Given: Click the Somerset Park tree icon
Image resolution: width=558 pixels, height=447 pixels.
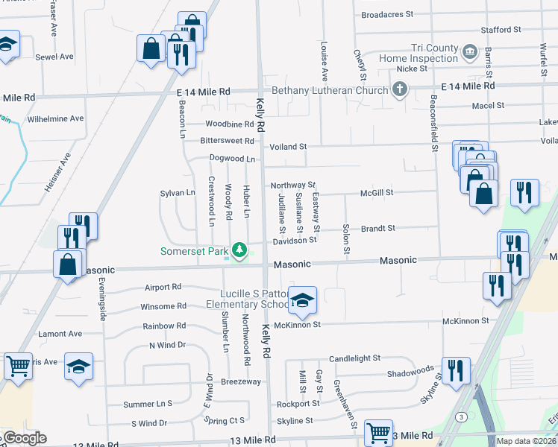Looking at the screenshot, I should coord(239,250).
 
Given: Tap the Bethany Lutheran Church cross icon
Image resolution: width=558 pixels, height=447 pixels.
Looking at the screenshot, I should coord(400,90).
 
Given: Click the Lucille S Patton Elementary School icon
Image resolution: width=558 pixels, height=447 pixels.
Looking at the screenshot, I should coord(302,299).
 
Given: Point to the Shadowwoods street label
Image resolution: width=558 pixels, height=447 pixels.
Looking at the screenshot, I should coord(410,370).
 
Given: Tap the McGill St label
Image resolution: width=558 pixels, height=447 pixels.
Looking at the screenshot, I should coord(376,192).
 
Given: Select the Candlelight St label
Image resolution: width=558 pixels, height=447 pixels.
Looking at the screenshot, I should coord(354,358).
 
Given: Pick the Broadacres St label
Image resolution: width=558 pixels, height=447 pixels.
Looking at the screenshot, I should coord(386,14).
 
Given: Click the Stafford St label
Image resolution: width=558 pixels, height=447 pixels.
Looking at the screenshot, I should coord(501,29).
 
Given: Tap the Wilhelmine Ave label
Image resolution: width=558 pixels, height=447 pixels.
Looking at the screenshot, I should coord(55,118).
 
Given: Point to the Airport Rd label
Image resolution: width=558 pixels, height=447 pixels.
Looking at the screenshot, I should coord(163,287).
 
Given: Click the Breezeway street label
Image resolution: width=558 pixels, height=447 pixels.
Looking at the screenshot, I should coord(240,381).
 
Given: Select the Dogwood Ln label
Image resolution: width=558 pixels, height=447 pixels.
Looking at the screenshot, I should coord(232,159).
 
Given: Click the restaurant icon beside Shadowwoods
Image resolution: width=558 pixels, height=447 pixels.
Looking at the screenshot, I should coord(455,369).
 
